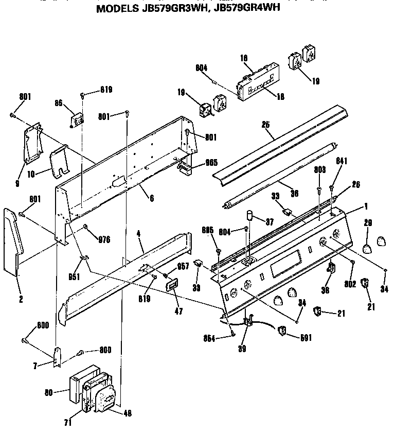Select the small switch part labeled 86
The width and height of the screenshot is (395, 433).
pyautogui.click(x=77, y=119)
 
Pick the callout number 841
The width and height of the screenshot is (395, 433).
pyautogui.click(x=342, y=161)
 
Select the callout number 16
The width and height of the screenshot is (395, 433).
pyautogui.click(x=244, y=59)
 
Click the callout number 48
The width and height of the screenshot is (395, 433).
pyautogui.click(x=127, y=412)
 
